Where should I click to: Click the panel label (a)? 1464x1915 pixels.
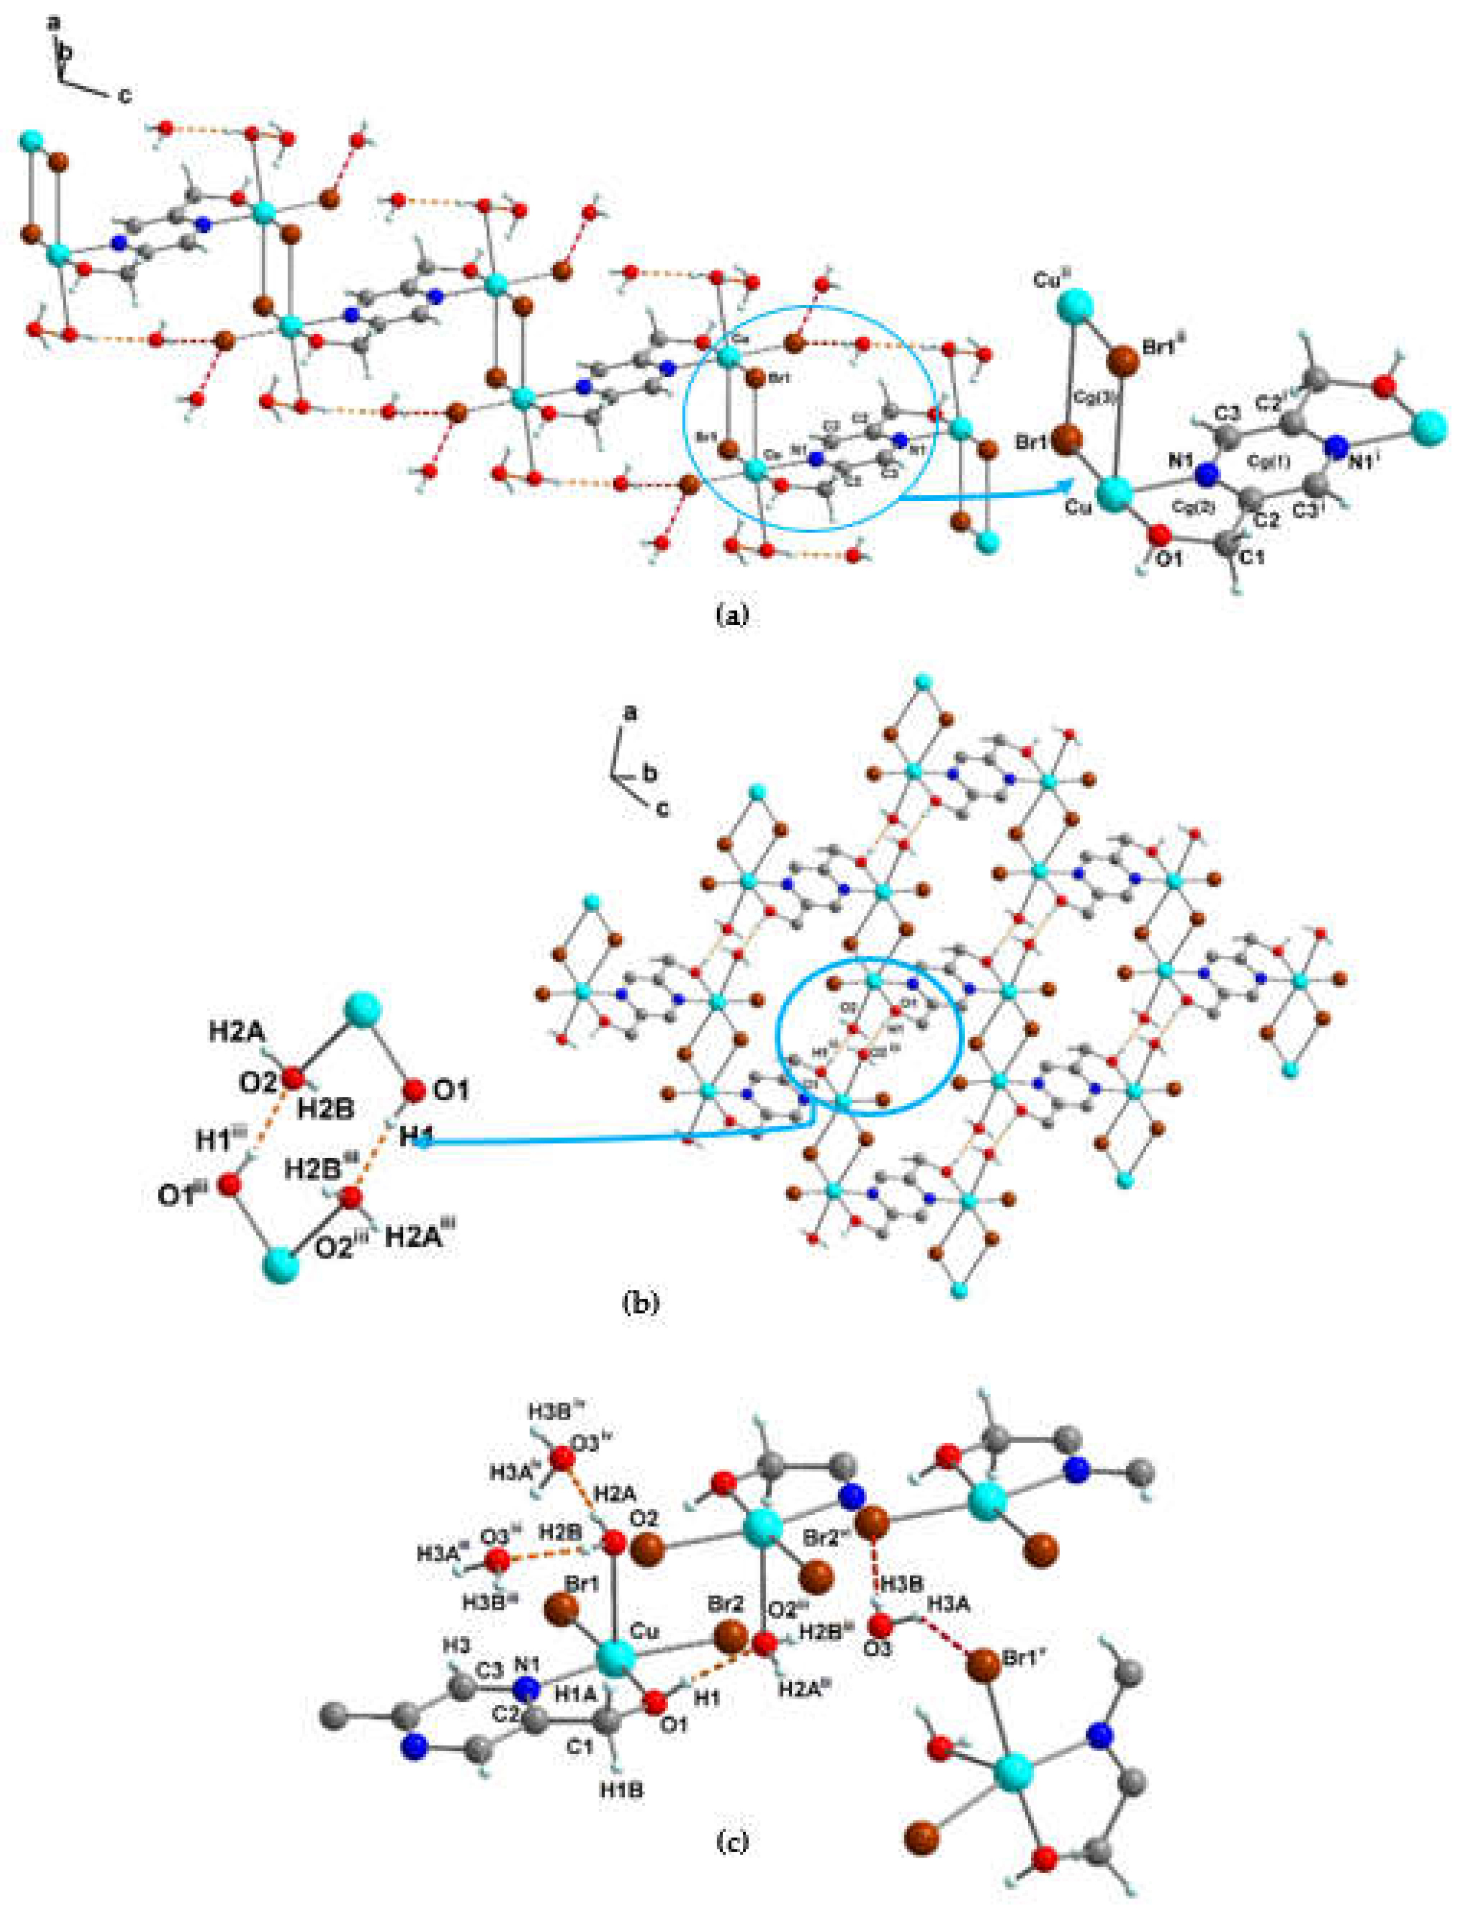731,615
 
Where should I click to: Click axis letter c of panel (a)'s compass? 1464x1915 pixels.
126,96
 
